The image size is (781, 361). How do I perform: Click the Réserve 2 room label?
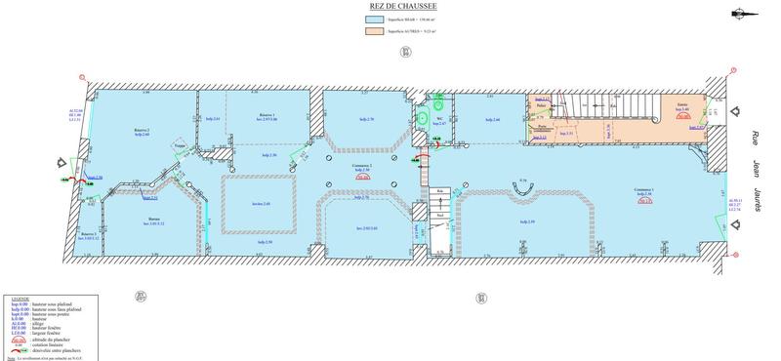[x=142, y=131]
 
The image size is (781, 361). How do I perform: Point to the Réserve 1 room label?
[x=267, y=114]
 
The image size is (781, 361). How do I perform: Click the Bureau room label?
[x=153, y=220]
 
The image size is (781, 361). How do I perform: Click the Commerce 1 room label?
[x=643, y=190]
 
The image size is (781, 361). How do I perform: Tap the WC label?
[x=440, y=118]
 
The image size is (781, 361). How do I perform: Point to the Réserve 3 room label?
[x=90, y=234]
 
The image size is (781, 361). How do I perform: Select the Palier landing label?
[x=541, y=107]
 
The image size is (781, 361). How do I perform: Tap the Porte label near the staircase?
[x=542, y=126]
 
